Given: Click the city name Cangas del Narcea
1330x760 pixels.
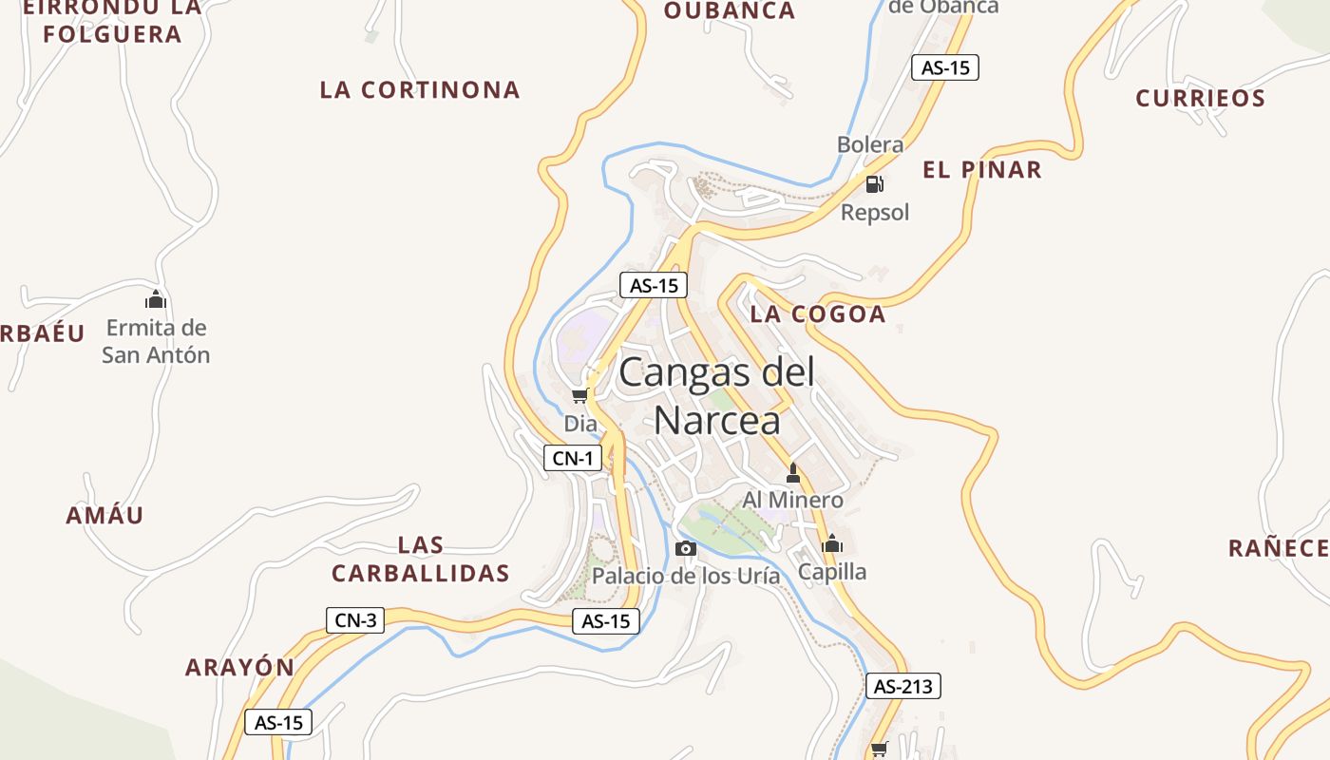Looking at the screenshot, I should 717,395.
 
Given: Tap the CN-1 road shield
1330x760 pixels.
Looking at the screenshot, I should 573,459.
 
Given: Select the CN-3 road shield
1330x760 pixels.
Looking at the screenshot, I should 356,621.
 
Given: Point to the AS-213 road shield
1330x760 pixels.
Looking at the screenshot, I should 902,686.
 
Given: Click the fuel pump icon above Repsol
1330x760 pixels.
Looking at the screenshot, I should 875,183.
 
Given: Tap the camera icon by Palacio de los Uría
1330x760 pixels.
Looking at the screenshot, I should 685,548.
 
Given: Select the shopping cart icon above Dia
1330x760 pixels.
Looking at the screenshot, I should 579,395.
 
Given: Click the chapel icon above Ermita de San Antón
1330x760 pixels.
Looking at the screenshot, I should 155,299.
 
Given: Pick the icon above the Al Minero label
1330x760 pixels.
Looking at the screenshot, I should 793,472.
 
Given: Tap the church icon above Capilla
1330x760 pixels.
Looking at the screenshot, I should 832,543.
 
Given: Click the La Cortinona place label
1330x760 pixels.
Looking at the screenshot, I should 420,90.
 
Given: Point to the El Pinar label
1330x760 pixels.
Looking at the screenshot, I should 982,170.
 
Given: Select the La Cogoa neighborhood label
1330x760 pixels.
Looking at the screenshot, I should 818,314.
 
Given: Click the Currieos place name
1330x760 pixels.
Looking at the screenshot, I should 1201,99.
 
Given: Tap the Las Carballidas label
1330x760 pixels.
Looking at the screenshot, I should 421,560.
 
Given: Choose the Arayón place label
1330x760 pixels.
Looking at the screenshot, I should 239,667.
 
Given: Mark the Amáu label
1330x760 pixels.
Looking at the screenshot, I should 104,516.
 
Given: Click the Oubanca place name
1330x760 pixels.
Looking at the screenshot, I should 729,11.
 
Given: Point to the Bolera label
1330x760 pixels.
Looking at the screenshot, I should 870,144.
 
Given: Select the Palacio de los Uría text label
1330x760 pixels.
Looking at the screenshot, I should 686,576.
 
